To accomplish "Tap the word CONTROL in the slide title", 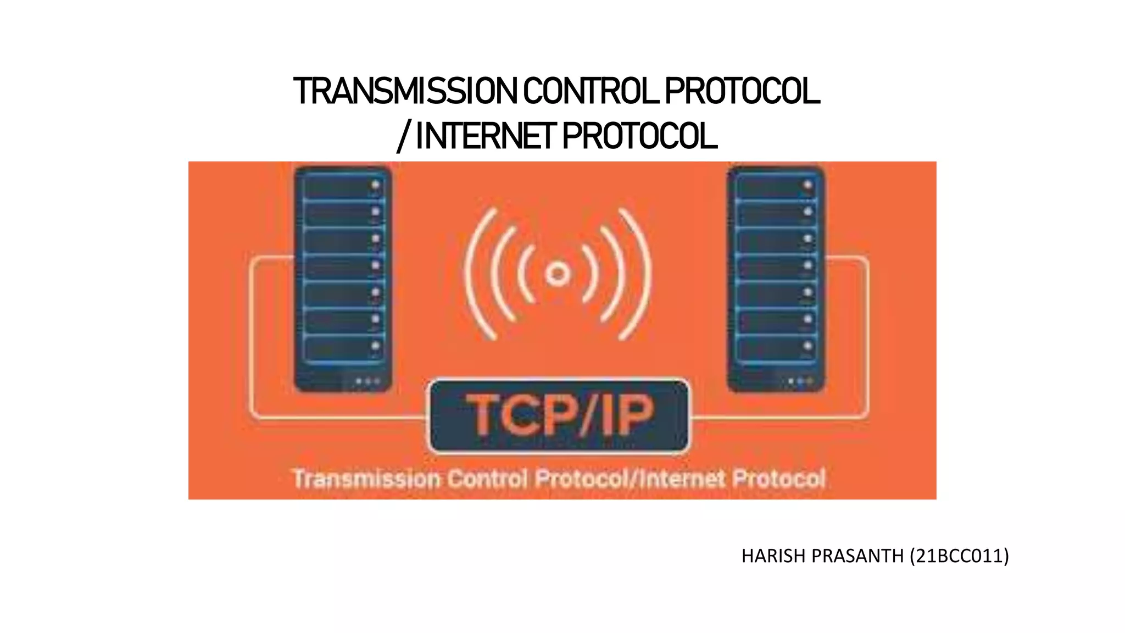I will coord(590,91).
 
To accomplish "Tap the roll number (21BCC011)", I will coord(959,556).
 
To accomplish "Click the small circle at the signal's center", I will coord(558,273).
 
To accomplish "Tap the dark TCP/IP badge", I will coord(559,415).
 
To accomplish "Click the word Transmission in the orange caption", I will coord(366,478).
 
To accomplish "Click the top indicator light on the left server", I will coord(376,185).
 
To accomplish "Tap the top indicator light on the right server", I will coord(807,185).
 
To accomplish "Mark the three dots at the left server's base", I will coord(367,381).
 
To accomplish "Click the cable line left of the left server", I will coord(252,335).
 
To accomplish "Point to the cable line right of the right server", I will coord(867,335).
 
